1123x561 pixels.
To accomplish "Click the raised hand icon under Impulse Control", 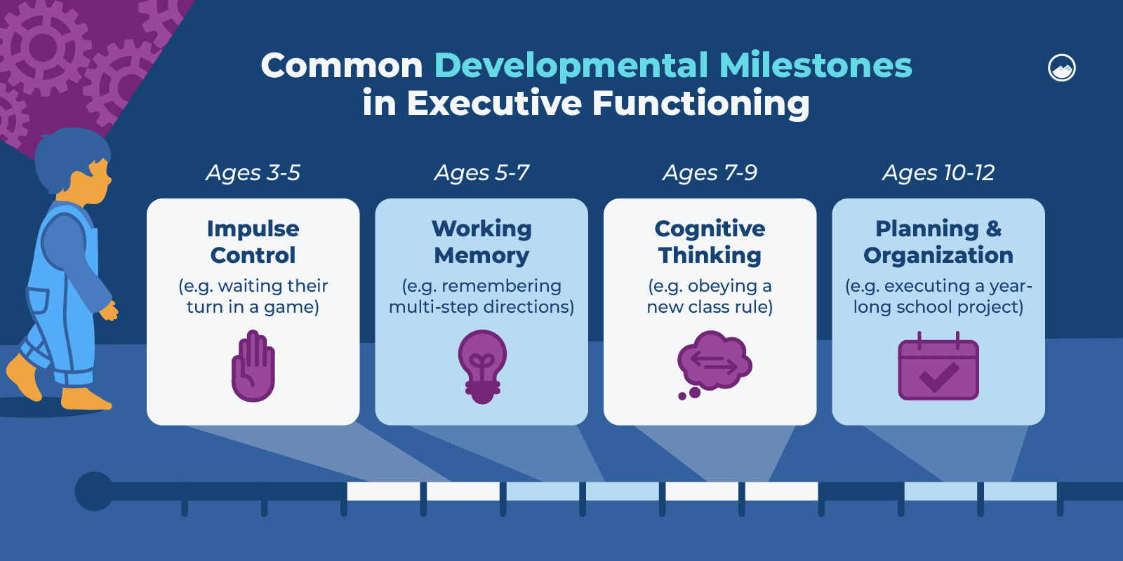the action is (253, 365).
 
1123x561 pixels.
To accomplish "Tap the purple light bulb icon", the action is (482, 367).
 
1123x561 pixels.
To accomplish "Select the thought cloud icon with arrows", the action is (714, 365).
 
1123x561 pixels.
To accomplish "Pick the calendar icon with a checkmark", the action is (938, 366).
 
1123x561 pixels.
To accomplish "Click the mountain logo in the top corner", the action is (1061, 67).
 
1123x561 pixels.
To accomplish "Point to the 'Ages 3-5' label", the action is (253, 173).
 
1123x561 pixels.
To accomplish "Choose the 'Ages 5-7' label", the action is (481, 173).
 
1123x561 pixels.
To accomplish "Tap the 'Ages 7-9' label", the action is (710, 173).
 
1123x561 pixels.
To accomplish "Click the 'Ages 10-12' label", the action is (938, 173).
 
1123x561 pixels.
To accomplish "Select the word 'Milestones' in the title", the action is (816, 66).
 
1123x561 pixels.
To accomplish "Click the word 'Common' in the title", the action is (342, 66).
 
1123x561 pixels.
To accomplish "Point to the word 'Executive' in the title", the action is (495, 103).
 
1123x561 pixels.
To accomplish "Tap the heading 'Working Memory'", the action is (481, 242).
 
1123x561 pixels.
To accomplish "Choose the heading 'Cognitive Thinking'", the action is (710, 242).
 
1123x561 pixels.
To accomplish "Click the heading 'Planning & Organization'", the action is (938, 242).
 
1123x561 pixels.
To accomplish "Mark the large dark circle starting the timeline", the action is (94, 491).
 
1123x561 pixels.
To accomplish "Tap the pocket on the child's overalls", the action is (38, 308).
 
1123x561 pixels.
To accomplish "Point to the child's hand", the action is (109, 311).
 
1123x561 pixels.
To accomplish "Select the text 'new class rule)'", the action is (710, 306).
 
